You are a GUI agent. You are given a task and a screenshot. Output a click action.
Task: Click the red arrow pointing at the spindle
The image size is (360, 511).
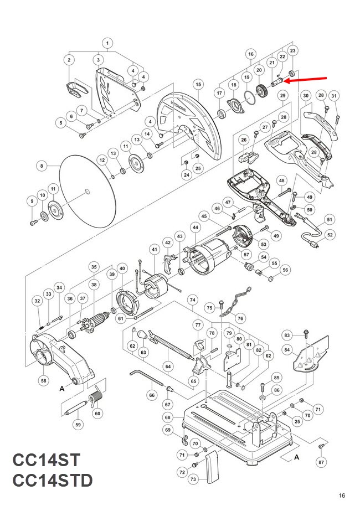[306, 80]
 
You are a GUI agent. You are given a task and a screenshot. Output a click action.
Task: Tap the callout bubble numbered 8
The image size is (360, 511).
[42, 166]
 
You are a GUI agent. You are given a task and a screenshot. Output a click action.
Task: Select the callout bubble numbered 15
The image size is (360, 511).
[199, 84]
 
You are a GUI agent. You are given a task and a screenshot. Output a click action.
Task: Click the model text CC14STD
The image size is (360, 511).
[53, 481]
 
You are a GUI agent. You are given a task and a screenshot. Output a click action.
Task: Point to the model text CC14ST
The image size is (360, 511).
[47, 460]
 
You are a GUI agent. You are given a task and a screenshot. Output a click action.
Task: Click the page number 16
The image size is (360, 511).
[342, 495]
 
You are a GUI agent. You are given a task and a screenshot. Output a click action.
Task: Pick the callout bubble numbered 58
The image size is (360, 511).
[44, 380]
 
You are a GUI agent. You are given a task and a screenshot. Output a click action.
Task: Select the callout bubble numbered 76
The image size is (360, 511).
[241, 318]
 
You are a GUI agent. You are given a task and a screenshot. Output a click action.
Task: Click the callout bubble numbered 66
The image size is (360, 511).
[152, 395]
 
